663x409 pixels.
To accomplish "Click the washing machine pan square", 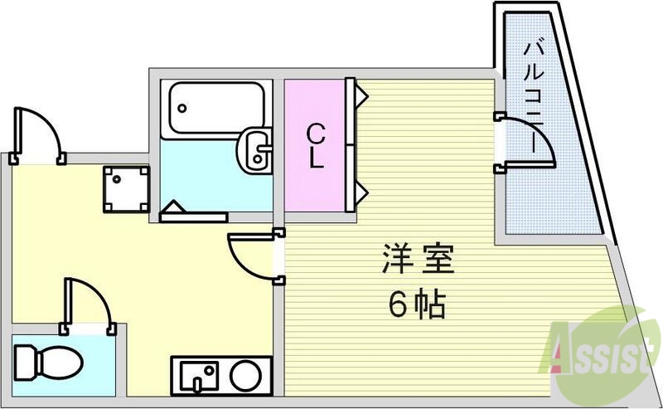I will pyautogui.click(x=125, y=187).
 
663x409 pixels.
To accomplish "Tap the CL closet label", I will pyautogui.click(x=315, y=146).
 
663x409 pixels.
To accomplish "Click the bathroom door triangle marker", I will pyautogui.click(x=172, y=207).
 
